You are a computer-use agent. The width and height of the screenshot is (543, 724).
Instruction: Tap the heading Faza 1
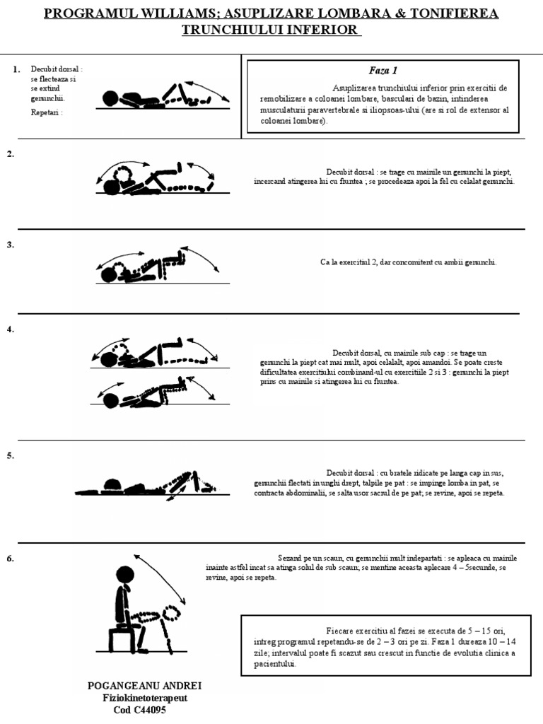(383, 71)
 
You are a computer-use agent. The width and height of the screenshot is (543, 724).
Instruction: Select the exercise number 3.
(11, 245)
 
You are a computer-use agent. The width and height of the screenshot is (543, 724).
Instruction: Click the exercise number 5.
(11, 456)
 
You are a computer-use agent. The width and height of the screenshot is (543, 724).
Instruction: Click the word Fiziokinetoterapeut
(145, 699)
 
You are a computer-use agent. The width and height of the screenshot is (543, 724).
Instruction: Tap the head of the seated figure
(124, 576)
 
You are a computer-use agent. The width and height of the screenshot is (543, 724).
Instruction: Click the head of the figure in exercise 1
(110, 98)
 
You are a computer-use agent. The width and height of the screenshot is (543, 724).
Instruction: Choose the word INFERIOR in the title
(317, 30)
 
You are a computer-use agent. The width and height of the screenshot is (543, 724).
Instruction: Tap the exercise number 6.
(11, 559)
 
